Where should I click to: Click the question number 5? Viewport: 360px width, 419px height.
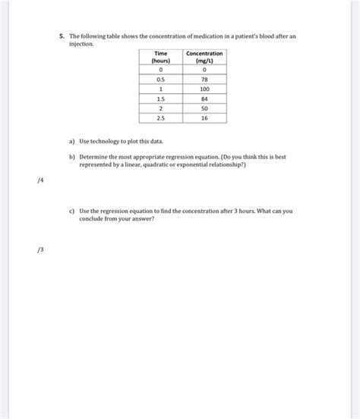coord(62,36)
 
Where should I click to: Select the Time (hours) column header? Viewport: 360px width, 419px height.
coord(160,57)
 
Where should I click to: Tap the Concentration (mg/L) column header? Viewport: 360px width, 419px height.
coord(204,57)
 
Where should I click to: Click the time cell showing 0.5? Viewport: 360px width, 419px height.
coord(160,78)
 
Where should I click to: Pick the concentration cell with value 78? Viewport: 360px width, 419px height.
coord(204,78)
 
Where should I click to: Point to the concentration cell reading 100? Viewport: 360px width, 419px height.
coord(204,89)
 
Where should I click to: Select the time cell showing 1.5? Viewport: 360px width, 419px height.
coord(160,98)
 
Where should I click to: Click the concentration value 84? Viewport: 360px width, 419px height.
coord(204,98)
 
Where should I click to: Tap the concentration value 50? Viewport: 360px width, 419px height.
coord(204,108)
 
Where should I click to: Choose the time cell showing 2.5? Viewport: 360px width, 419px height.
coord(160,118)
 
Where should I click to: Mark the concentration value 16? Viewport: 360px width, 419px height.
coord(204,118)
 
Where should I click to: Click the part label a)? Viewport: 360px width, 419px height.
coord(71,142)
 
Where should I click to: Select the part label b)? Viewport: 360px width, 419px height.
coord(71,155)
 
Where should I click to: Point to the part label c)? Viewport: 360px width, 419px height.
coord(71,211)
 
